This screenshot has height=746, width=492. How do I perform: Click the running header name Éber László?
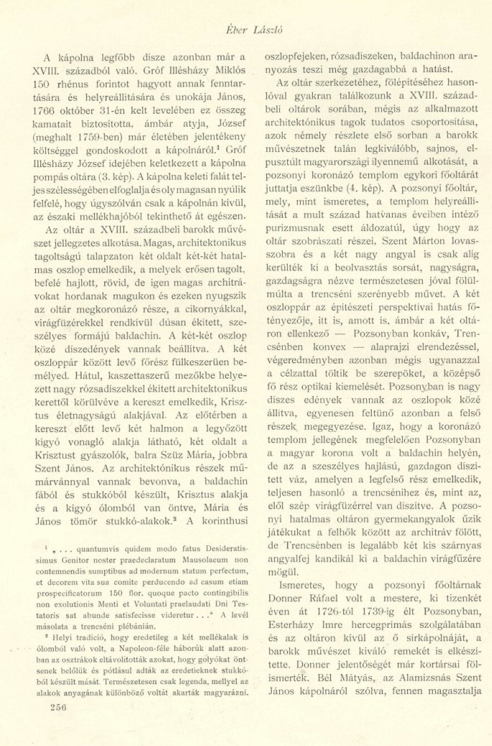(x=247, y=25)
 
